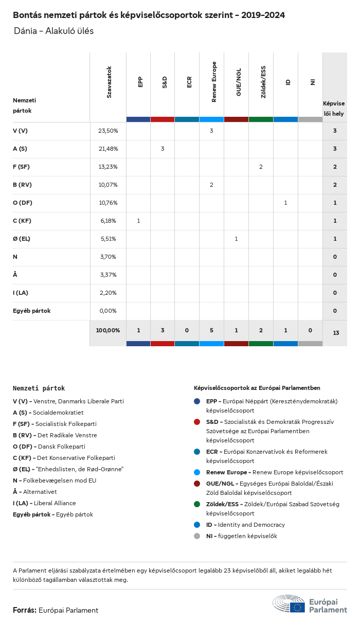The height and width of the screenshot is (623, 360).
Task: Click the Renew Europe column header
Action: tap(214, 82)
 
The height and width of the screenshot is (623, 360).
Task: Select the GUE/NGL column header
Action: tap(239, 82)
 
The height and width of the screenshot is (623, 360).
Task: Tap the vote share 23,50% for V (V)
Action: tap(108, 131)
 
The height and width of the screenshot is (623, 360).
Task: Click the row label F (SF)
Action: tap(21, 167)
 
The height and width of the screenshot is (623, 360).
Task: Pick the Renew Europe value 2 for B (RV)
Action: tap(211, 185)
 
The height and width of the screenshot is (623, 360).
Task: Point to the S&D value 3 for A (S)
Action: tap(163, 149)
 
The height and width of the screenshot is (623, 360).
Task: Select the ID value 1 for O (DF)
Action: tap(285, 203)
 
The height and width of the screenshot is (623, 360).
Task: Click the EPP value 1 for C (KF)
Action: tap(138, 221)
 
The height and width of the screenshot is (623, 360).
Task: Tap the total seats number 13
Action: tap(335, 333)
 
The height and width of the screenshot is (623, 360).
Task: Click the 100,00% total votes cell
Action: tap(108, 330)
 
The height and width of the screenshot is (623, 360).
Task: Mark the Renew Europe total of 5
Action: tap(211, 330)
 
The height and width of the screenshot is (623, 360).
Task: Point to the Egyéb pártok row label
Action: tap(31, 311)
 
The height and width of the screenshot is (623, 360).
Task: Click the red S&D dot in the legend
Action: tap(197, 422)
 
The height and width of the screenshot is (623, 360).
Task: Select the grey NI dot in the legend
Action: tap(197, 536)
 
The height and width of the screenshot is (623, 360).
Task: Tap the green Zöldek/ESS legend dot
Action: tap(197, 504)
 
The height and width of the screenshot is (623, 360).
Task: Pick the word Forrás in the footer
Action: tap(24, 610)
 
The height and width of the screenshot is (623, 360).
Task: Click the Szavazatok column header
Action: tap(109, 82)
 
